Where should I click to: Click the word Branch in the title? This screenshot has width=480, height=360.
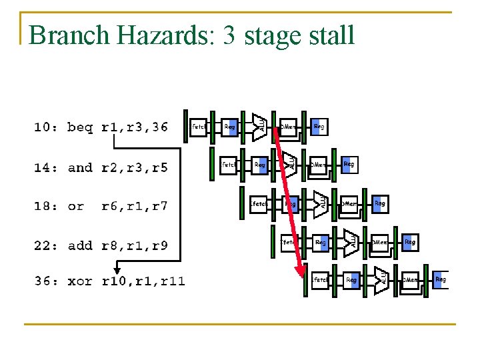[x=63, y=35]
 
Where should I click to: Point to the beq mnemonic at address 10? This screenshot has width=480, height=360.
[x=80, y=127]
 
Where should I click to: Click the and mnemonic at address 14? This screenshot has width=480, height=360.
[x=80, y=167]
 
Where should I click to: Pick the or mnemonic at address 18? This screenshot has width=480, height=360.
[x=76, y=206]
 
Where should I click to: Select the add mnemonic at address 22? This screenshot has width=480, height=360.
[x=80, y=245]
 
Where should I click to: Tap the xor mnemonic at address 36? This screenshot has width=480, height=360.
[x=80, y=281]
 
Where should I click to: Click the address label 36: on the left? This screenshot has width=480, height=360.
[x=46, y=281]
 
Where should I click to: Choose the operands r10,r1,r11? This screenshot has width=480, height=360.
[x=143, y=281]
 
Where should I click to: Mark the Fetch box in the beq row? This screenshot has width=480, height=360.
[x=198, y=126]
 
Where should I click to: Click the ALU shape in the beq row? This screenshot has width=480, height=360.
[x=260, y=125]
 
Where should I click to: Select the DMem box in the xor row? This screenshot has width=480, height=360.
[x=410, y=280]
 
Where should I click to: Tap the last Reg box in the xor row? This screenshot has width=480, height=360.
[x=441, y=280]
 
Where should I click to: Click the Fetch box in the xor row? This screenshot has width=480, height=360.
[x=321, y=280]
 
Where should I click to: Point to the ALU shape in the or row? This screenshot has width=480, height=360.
[x=321, y=203]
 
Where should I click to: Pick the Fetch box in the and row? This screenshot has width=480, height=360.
[x=228, y=164]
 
